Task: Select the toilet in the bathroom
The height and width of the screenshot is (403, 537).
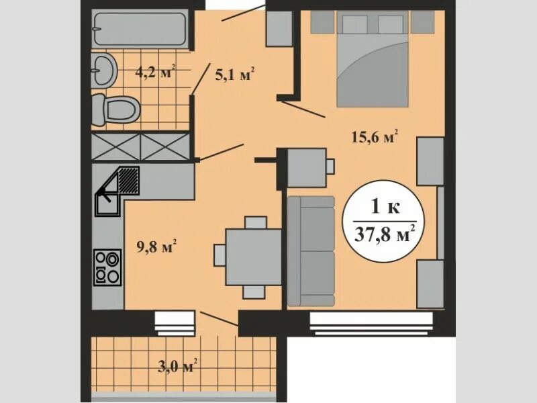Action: click(x=115, y=108)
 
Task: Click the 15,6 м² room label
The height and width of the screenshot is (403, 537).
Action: click(x=375, y=137)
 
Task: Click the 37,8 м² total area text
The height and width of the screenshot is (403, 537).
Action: click(x=384, y=236)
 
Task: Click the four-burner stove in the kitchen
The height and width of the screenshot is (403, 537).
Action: click(x=107, y=267)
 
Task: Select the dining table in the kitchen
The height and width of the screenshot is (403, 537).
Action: click(x=253, y=256)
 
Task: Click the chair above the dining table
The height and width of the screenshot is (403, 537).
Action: click(x=256, y=222)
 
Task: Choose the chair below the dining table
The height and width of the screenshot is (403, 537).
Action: click(x=254, y=291)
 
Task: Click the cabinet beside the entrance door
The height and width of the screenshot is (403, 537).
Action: click(x=278, y=28)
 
